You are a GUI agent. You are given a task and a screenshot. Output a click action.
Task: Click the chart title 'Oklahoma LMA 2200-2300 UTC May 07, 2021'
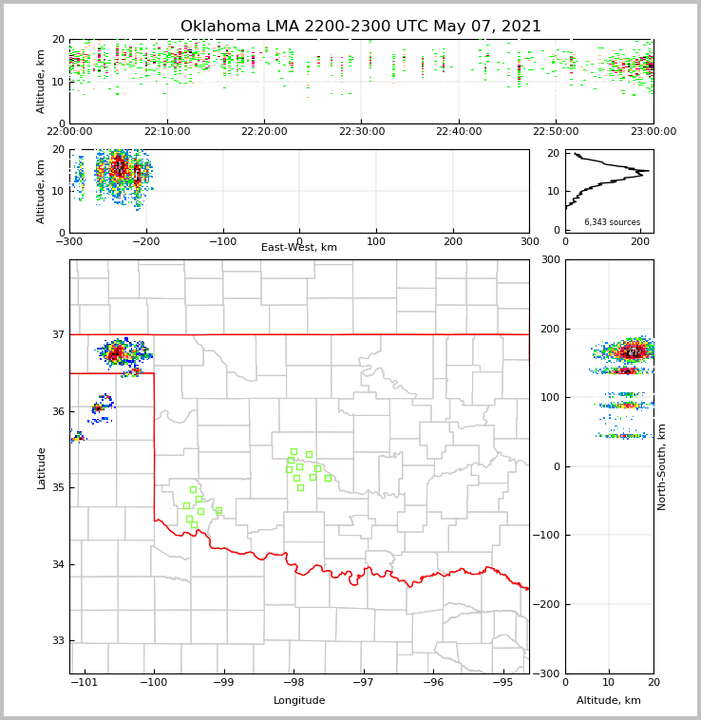(x=361, y=27)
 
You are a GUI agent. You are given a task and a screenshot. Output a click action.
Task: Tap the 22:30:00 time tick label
(x=362, y=132)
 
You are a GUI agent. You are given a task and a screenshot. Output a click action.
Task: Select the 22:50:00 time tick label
(x=556, y=132)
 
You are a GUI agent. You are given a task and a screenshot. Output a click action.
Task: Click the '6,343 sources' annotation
(x=612, y=222)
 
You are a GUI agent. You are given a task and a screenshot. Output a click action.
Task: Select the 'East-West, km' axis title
(x=299, y=248)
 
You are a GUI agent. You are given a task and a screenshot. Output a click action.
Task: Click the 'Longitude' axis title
(x=299, y=701)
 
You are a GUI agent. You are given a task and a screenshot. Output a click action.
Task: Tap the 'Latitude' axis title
(x=41, y=467)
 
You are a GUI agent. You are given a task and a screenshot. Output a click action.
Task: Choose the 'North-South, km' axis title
(x=662, y=466)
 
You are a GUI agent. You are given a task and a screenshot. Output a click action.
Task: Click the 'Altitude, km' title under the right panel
(x=609, y=701)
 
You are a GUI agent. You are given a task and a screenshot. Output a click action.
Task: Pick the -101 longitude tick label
(x=85, y=682)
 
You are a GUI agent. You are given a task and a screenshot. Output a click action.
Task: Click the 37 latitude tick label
(x=57, y=334)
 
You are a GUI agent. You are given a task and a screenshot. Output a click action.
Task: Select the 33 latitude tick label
(x=57, y=641)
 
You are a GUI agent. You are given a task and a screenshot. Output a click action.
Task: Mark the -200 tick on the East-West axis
(x=145, y=241)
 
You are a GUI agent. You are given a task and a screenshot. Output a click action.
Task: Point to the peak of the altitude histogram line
(x=649, y=171)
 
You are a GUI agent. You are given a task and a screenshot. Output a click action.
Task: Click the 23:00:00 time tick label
(x=653, y=132)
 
